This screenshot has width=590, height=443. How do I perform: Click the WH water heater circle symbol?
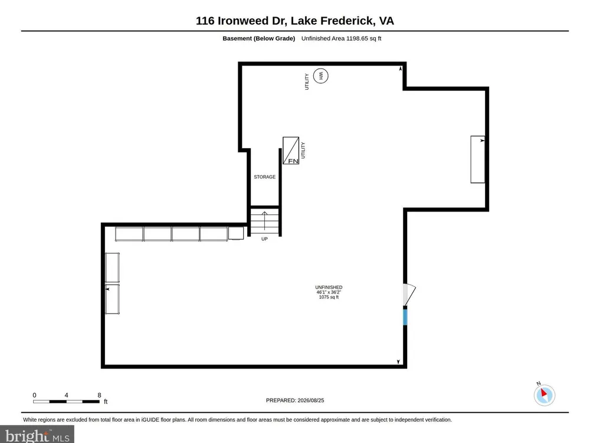click(x=320, y=76)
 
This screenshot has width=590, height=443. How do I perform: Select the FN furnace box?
click(x=291, y=150)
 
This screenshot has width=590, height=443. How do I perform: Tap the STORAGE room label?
click(x=264, y=177)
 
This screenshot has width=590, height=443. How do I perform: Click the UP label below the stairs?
click(x=264, y=239)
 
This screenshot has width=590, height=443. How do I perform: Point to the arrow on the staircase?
click(x=264, y=221)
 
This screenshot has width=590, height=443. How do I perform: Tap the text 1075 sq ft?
click(x=329, y=297)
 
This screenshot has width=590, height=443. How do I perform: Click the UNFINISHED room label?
click(x=329, y=288)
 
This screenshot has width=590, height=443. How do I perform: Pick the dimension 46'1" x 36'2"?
click(x=329, y=292)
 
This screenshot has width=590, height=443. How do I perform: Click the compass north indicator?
click(x=544, y=395)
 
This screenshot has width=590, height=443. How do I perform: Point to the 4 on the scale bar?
click(x=66, y=395)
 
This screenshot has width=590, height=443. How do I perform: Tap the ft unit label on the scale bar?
click(x=106, y=402)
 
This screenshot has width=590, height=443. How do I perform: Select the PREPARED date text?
click(x=295, y=400)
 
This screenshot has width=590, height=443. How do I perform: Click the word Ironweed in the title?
click(x=244, y=21)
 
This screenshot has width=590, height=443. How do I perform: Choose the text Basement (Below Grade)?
click(x=259, y=38)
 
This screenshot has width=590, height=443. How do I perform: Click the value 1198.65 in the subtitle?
click(x=357, y=38)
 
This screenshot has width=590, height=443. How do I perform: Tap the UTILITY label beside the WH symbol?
click(x=307, y=82)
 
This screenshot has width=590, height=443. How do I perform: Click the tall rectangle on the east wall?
click(x=477, y=159)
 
